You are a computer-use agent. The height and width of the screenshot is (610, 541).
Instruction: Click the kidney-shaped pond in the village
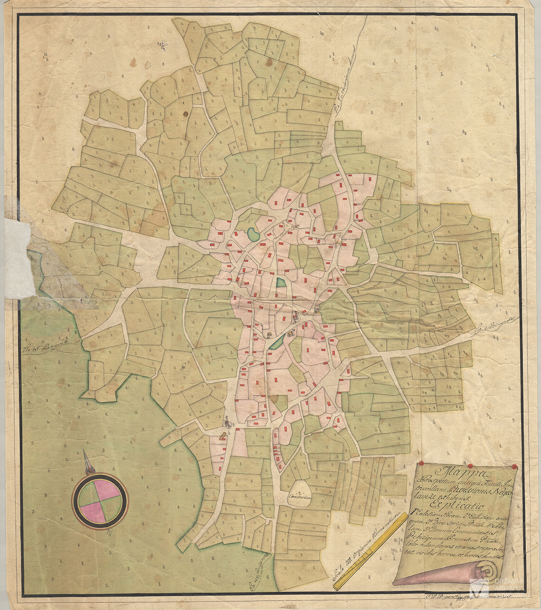[x=252, y=234]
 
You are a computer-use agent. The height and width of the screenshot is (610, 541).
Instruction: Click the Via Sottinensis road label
[x=495, y=325]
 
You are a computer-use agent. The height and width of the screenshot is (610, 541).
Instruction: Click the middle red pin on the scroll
[x=471, y=465]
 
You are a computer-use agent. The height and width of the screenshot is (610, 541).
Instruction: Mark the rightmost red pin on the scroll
[x=515, y=466]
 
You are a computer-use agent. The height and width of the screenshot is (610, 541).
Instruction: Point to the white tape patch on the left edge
[x=19, y=258]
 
